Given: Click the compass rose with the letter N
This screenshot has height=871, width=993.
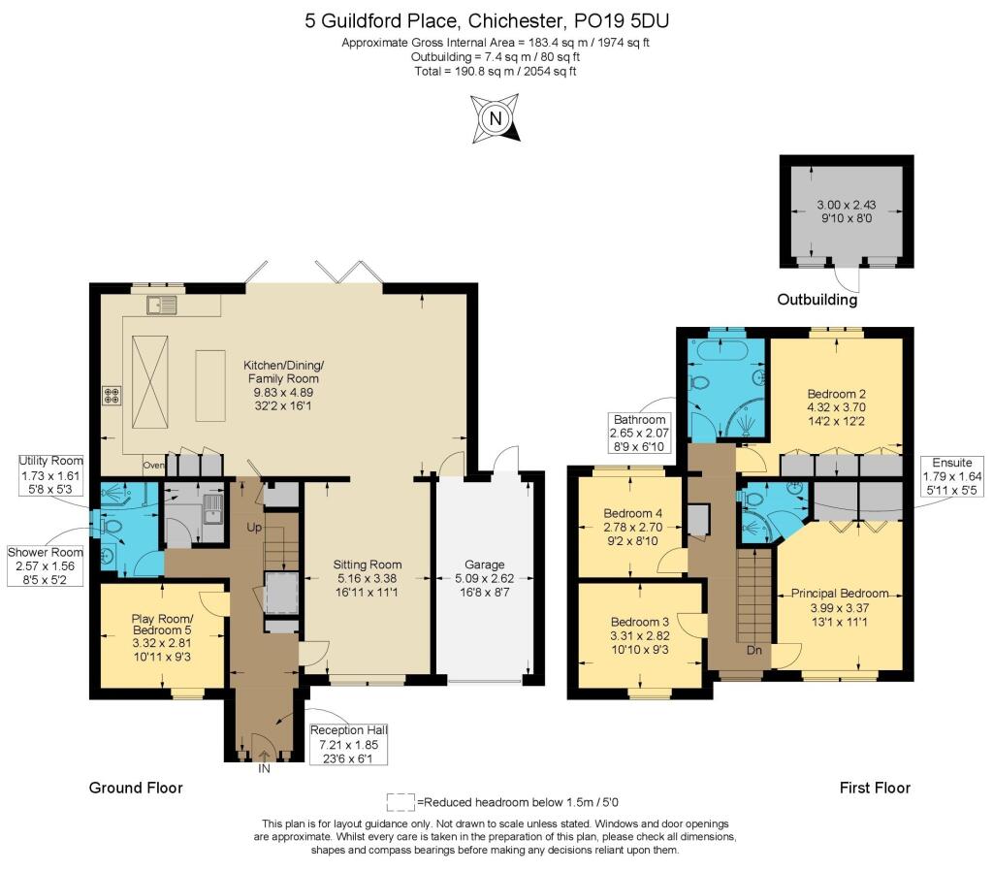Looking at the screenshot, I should tap(496, 118).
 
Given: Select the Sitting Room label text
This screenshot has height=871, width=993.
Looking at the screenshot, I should tap(367, 577).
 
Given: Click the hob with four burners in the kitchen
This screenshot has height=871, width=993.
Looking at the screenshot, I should tap(112, 396).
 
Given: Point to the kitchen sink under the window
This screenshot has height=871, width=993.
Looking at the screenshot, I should tap(160, 306).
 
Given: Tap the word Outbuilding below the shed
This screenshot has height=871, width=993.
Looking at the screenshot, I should tap(817, 300).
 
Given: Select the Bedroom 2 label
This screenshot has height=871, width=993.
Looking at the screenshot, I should tap(836, 407).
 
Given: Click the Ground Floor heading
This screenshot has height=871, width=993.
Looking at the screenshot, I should tap(136, 788).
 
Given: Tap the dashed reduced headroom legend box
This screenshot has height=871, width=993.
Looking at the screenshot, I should tap(400, 802).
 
